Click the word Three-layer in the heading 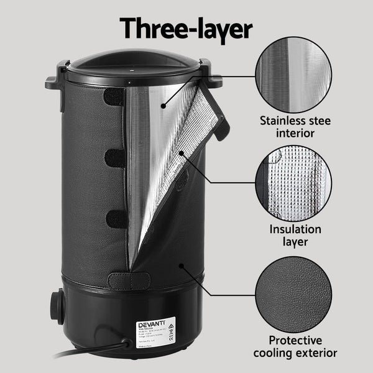click(186, 27)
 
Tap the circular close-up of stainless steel click(293, 75)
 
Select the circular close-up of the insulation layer click(293, 184)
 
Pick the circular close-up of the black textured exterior click(293, 294)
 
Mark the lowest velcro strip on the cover click(115, 219)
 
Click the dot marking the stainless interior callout click(163, 106)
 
